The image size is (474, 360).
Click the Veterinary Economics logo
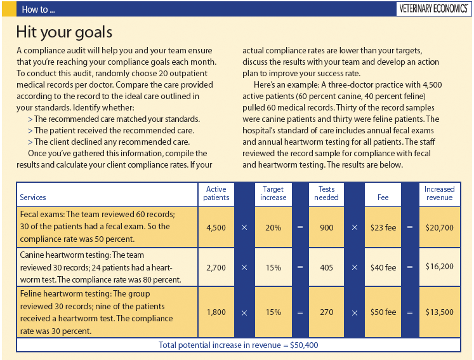432,9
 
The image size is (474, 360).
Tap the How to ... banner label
38,10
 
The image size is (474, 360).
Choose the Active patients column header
216,193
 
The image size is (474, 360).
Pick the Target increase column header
273,193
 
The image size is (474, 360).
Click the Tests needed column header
326,193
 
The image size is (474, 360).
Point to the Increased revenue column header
439,193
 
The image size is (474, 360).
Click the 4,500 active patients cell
216,227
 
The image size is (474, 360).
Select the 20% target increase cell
273,227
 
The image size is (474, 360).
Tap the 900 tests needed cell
326,227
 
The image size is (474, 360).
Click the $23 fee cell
383,227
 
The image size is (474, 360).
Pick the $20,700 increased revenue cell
439,227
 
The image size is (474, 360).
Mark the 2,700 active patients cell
216,267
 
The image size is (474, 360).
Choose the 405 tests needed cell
326,267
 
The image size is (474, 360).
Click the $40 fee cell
383,267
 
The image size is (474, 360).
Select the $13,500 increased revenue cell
439,312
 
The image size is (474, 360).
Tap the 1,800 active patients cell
216,312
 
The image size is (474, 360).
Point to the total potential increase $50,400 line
238,345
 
